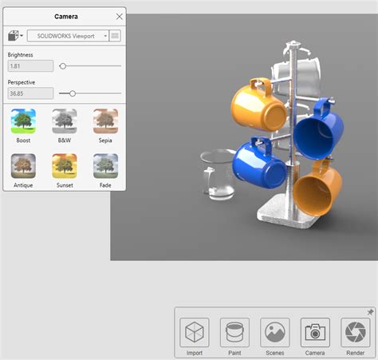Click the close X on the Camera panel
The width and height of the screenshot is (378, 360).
coord(119,16)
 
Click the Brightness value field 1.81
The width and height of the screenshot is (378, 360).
coord(30,66)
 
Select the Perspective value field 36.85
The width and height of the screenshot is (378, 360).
coord(30,93)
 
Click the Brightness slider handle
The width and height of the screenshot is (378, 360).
coord(63,66)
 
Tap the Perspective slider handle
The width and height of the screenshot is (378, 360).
coord(73,93)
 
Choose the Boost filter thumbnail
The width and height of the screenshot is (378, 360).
coord(23,121)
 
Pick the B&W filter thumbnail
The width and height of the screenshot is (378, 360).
coord(65,121)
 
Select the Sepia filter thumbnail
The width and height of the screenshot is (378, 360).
coord(105,121)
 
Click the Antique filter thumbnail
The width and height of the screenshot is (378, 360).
coord(23,166)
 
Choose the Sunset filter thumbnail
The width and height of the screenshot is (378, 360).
coord(65,166)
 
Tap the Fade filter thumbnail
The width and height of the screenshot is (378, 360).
coord(105,166)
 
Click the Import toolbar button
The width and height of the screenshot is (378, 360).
coord(195,332)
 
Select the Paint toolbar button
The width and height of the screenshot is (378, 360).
coord(234,332)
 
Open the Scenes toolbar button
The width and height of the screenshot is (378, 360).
coord(275,332)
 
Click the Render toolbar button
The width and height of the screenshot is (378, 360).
coord(355,332)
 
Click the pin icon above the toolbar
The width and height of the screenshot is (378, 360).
coord(370,312)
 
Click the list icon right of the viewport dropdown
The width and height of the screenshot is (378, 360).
coord(116,36)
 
